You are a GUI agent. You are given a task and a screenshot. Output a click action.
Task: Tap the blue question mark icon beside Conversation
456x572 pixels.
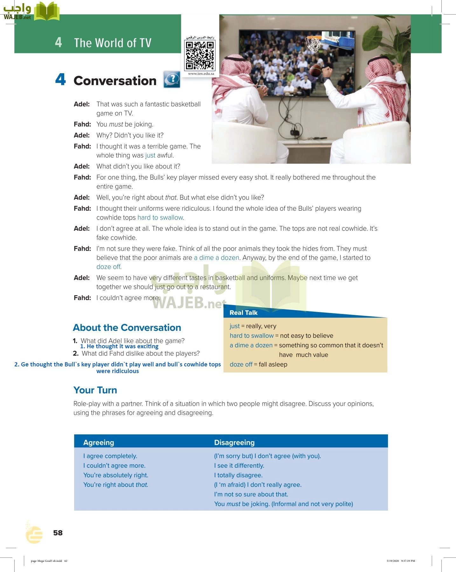[x=172, y=79]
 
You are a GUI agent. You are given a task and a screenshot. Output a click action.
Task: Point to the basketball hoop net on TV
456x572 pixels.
[x=314, y=45]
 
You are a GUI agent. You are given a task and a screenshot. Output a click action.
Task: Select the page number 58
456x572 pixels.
[x=58, y=533]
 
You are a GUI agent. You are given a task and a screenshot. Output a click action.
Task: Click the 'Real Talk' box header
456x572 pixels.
[x=244, y=313]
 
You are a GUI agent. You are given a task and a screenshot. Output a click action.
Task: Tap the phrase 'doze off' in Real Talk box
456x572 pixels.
[x=241, y=364]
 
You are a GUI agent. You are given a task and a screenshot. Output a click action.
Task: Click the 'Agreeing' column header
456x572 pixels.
[x=99, y=443]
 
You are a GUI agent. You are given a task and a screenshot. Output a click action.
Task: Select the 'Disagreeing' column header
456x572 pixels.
[x=234, y=443]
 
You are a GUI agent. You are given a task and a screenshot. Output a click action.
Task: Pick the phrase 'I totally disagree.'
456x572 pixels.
[x=238, y=475]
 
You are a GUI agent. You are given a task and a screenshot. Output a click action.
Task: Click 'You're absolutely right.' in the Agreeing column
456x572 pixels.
[x=116, y=475]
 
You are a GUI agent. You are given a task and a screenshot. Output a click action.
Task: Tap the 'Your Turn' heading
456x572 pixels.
[x=95, y=390]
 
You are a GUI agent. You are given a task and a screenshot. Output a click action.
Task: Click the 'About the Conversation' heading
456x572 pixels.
[x=127, y=328]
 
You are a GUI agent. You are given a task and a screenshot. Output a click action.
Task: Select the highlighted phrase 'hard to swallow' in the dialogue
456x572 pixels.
[x=160, y=218]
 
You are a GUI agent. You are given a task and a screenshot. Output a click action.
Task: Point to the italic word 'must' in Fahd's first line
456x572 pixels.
[x=116, y=125]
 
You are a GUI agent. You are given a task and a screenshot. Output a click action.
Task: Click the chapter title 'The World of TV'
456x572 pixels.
[x=113, y=43]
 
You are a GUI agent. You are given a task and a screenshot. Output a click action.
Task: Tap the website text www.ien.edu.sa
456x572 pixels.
[x=201, y=74]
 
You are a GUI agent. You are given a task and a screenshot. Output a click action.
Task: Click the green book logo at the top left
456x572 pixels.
[x=46, y=12]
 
